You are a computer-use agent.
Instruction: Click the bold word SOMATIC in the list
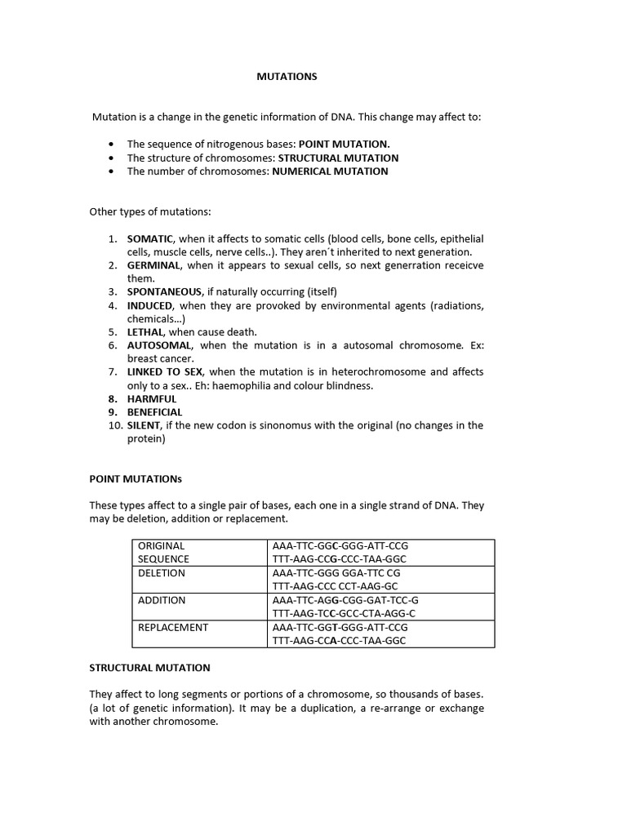coord(149,238)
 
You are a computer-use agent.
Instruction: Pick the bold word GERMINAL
coord(152,265)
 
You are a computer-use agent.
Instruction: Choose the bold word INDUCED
coord(149,305)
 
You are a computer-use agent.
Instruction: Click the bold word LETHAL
coord(145,331)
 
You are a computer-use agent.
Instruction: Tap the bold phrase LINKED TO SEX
coord(165,371)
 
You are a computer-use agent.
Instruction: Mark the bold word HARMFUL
coord(151,398)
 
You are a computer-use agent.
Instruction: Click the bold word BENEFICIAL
coord(154,412)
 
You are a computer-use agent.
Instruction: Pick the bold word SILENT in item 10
coord(144,425)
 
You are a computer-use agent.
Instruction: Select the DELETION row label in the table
coord(161,573)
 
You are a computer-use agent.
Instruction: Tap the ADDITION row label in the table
coord(161,600)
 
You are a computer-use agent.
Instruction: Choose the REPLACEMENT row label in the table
coord(172,627)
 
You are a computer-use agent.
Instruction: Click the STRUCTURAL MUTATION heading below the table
coord(149,667)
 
